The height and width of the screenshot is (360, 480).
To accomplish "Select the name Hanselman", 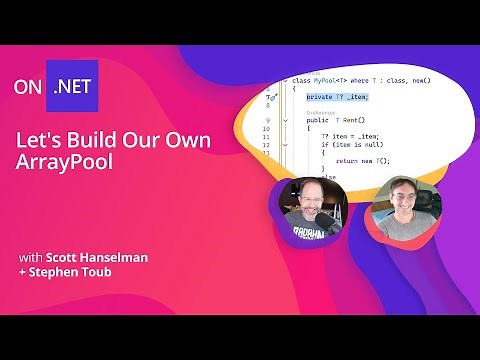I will click(x=113, y=257).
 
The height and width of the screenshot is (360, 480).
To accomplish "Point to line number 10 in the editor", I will click(x=266, y=129).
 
